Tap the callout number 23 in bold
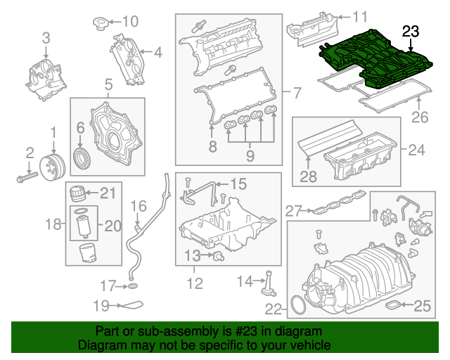tap(410, 30)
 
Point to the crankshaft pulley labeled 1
tap(53, 166)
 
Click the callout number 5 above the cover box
tap(109, 86)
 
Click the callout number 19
tap(102, 305)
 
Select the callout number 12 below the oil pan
tap(194, 284)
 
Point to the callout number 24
tap(417, 149)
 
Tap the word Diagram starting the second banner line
tap(99, 345)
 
